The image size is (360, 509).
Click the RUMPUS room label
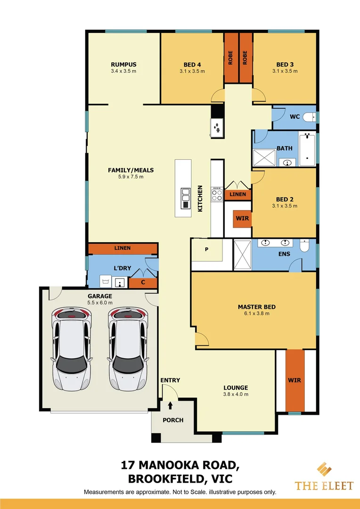point(123,65)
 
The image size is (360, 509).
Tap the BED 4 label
point(192,65)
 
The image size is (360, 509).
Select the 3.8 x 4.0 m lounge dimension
point(236,394)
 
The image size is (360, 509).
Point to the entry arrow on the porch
point(170,405)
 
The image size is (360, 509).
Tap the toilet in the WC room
point(310,117)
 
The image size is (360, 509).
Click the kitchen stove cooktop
point(217,194)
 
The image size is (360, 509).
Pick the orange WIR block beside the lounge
point(295,380)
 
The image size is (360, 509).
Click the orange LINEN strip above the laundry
point(123,248)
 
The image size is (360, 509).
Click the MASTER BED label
point(257,307)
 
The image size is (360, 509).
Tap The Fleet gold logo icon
point(324,470)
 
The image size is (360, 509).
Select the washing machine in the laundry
point(105,282)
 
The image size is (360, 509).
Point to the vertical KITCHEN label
point(200,198)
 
